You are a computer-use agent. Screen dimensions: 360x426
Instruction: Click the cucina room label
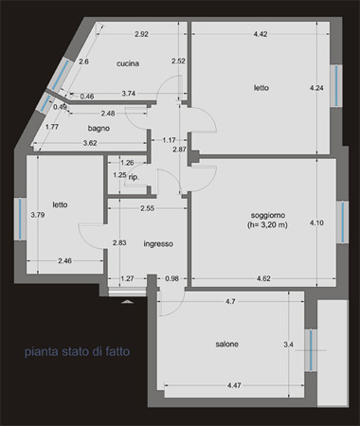(x=128, y=63)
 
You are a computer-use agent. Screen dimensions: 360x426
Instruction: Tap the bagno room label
(x=99, y=128)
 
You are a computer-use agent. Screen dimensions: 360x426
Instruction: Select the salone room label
(x=226, y=344)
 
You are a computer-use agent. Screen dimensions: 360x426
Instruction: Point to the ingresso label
(x=158, y=244)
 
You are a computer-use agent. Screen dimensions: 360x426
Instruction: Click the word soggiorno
(x=268, y=215)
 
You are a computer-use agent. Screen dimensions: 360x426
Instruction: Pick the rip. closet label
(x=134, y=177)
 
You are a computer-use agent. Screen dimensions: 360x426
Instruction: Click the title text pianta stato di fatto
(x=78, y=351)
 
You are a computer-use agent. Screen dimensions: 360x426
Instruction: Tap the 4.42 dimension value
(x=261, y=34)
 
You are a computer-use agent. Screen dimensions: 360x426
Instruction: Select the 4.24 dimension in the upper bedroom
(x=316, y=88)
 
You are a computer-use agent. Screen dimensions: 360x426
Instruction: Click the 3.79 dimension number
(x=38, y=215)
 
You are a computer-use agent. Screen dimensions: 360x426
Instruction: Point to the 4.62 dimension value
(x=263, y=278)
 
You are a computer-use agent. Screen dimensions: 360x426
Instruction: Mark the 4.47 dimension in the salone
(x=234, y=385)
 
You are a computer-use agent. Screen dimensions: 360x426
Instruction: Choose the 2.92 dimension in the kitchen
(x=141, y=34)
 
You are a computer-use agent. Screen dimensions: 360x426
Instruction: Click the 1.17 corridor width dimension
(x=169, y=140)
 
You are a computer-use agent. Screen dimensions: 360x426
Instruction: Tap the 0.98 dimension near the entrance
(x=171, y=278)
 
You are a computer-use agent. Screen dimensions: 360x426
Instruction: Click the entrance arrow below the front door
(x=128, y=302)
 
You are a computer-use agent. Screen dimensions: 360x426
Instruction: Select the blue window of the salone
(x=311, y=350)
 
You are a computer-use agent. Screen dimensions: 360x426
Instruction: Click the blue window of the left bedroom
(x=20, y=219)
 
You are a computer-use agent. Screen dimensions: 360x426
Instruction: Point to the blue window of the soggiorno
(x=343, y=222)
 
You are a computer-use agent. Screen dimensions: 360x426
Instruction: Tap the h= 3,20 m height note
(x=267, y=225)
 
